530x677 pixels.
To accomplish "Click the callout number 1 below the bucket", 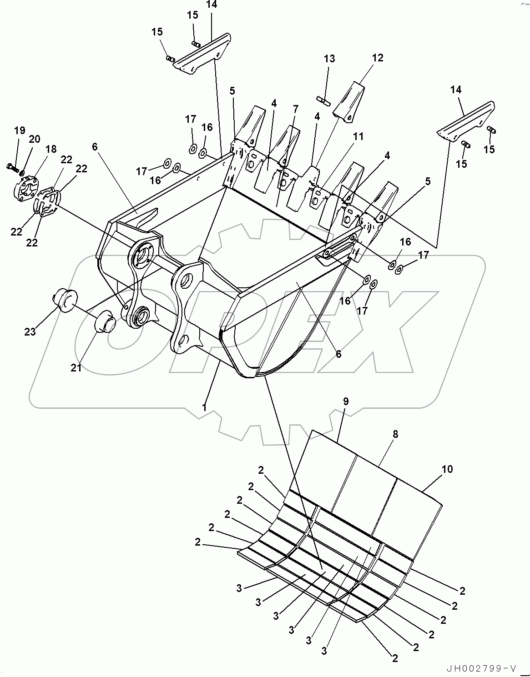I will click(205, 407).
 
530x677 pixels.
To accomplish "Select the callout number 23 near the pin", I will click(30, 332).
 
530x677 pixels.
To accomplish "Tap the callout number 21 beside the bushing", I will click(76, 367).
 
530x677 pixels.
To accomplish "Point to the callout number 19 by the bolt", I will click(20, 131).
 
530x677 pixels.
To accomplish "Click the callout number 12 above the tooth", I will click(378, 58).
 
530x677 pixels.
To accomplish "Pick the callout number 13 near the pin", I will click(329, 59).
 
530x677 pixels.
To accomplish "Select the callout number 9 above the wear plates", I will click(346, 401).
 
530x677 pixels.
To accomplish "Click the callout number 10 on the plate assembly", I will click(448, 469).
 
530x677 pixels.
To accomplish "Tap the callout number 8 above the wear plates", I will click(395, 434).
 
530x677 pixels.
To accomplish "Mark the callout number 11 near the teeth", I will click(358, 136).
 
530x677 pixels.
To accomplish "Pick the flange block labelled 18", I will click(27, 187).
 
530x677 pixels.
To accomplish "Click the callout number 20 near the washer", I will click(35, 139).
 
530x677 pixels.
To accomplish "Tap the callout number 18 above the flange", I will click(51, 149).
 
